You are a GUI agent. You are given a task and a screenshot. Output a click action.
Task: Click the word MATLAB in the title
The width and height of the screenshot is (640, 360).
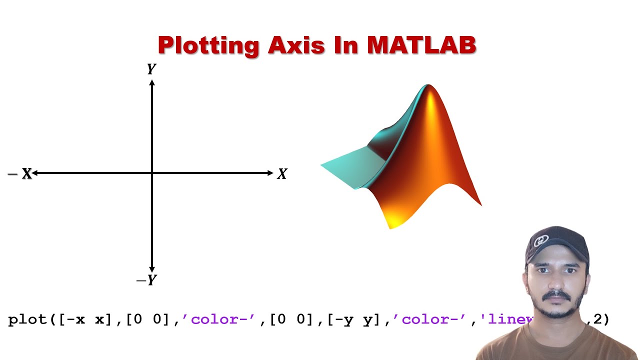pos(421,45)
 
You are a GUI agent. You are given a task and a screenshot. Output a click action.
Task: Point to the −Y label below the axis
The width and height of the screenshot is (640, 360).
pos(146,280)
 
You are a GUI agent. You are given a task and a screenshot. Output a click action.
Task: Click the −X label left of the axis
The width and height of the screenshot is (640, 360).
pos(20,173)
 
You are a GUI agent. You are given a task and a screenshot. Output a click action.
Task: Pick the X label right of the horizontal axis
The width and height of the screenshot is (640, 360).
pos(282,174)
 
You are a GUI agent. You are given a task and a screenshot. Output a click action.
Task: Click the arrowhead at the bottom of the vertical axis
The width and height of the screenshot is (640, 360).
pos(152,269)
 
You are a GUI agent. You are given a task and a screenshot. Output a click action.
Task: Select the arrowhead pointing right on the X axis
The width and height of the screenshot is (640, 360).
pos(270,173)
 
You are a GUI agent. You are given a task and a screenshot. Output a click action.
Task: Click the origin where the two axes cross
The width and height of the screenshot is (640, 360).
pos(152,173)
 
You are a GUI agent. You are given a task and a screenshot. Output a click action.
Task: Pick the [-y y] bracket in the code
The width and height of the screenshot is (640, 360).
pos(357,319)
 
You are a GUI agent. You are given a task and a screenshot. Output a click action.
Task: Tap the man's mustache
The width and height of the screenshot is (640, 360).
pos(556,296)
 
